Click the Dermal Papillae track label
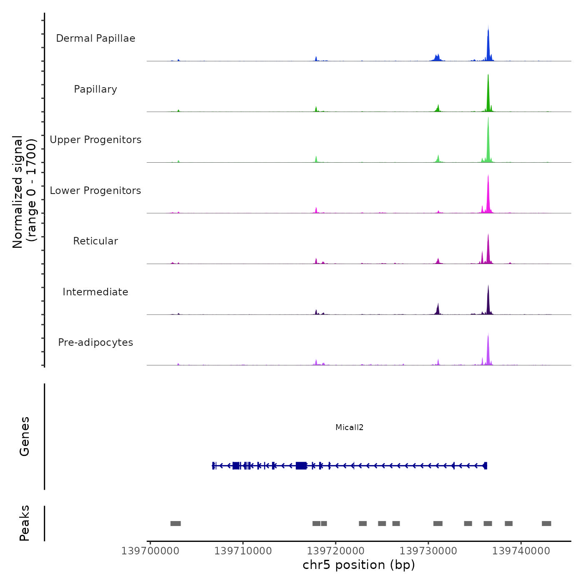96,38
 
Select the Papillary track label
96,89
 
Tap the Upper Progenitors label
96,140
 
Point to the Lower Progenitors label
96,191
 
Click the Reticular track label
96,241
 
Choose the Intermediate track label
96,292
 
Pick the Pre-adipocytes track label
96,342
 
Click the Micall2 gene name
350,427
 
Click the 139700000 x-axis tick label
150,551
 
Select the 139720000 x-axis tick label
335,551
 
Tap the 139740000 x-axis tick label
521,551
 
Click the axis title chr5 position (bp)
359,565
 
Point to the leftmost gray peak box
176,524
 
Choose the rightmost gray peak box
546,524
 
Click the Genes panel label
25,436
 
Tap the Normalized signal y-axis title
24,192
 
